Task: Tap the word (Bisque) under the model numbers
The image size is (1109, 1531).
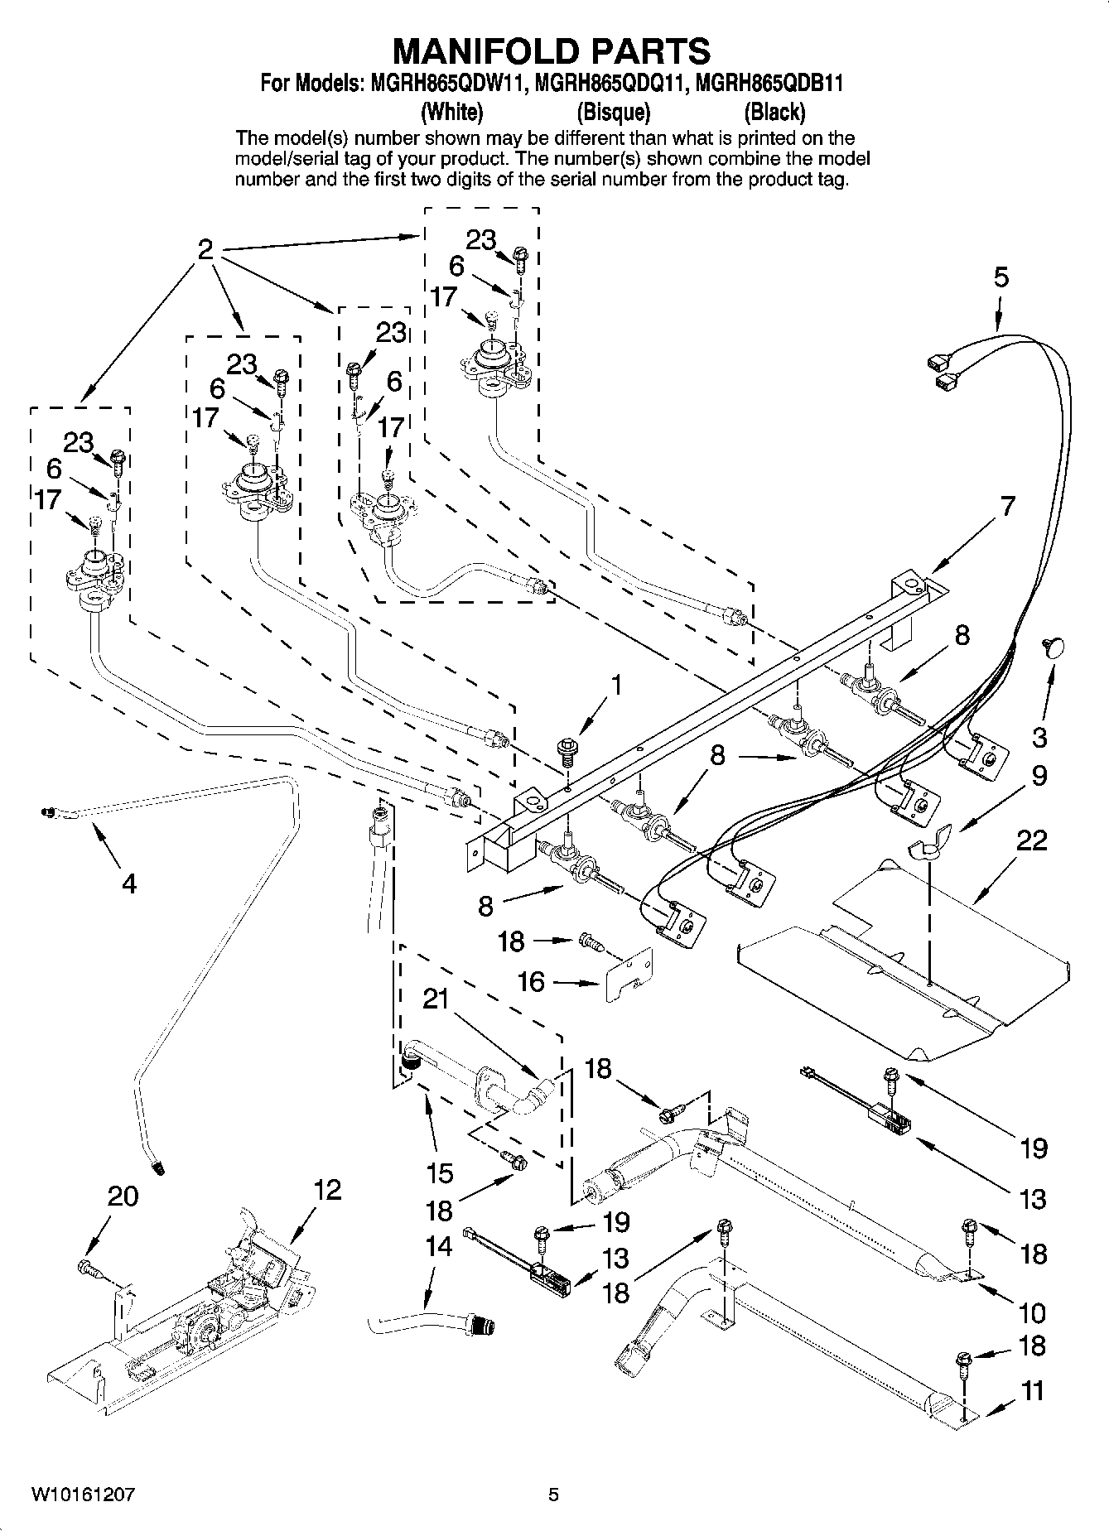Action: tap(613, 111)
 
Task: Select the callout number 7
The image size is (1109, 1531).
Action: tap(1006, 506)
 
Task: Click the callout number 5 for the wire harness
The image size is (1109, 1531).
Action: tap(1001, 277)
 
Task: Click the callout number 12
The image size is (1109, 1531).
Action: tap(327, 1190)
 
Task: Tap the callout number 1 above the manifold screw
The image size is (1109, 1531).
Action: tap(615, 686)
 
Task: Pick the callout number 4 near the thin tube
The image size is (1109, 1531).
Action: tap(128, 883)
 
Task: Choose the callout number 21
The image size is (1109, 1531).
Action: tap(436, 999)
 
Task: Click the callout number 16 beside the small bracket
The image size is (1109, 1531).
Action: tap(531, 982)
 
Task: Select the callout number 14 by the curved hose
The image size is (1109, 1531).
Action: tap(438, 1246)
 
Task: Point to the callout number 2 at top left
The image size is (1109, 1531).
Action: tap(206, 249)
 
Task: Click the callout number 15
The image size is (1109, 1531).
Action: tap(440, 1172)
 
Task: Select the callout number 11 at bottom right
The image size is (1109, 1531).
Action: tap(1032, 1391)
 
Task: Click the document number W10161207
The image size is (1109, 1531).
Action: tap(84, 1495)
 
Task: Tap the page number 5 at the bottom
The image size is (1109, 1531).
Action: tap(553, 1495)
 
